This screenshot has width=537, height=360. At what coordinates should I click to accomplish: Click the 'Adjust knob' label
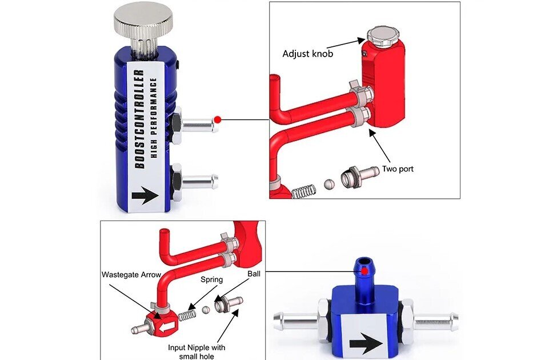pos(307,54)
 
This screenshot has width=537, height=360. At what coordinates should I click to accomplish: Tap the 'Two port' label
pos(398,169)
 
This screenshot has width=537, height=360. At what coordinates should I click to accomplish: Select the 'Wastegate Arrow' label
pos(131,275)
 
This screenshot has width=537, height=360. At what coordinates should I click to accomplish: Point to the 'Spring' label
pos(211,280)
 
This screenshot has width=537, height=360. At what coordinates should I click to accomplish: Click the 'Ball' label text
pos(254,274)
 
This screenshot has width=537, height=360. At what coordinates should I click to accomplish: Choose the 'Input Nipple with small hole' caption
pos(197,352)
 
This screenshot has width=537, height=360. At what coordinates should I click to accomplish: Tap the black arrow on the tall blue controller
pos(145,195)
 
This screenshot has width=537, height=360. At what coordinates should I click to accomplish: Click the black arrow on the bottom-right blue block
pos(366,344)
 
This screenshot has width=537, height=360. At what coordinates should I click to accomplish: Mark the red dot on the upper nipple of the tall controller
pos(218,120)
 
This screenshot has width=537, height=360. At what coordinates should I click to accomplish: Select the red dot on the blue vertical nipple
pos(364,271)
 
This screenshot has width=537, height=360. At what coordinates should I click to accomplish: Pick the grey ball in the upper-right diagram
pos(330,184)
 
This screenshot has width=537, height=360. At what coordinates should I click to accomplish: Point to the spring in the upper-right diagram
pos(303,191)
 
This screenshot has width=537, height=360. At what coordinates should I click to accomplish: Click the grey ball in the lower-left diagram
pos(206,310)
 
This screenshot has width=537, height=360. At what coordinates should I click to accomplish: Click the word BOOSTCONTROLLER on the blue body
pos(139,119)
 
